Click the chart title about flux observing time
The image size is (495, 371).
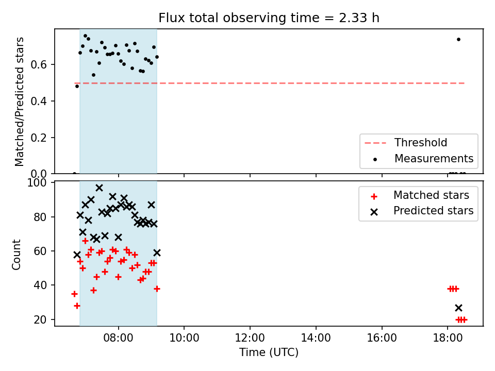tap(269, 18)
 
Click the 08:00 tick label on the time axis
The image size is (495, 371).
tap(119, 338)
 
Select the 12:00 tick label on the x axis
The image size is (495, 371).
tap(250, 338)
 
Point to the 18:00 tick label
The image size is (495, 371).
tap(448, 338)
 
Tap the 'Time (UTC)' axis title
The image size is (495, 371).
tap(269, 352)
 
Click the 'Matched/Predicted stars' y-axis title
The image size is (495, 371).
tap(19, 102)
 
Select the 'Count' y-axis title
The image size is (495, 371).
tap(16, 255)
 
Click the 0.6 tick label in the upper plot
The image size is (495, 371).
tap(39, 65)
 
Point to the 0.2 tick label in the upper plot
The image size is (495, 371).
tap(39, 138)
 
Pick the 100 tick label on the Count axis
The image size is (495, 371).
tap(37, 183)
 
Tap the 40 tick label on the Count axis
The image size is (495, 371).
tap(40, 285)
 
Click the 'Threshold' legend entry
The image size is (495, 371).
tap(421, 143)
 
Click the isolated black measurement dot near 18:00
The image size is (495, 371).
tap(459, 40)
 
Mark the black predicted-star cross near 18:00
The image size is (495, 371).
tap(459, 308)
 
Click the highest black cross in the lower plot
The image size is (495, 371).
tap(99, 188)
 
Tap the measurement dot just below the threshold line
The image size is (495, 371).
tap(77, 86)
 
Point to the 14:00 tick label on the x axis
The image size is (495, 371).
tap(316, 338)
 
